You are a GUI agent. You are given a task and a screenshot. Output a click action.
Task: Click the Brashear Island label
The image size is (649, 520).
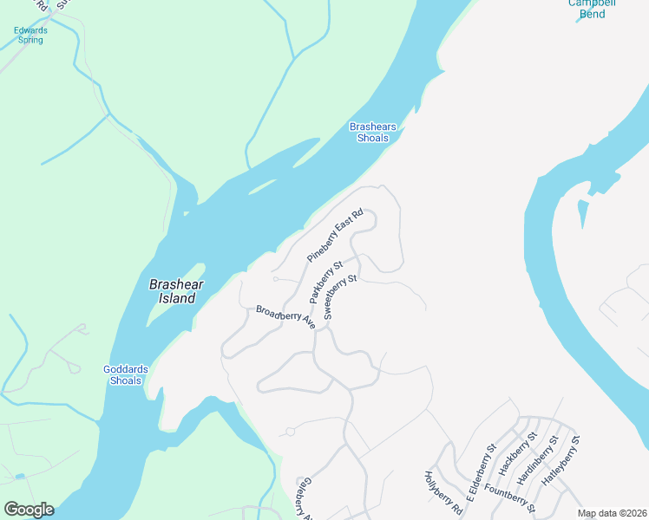[172, 290]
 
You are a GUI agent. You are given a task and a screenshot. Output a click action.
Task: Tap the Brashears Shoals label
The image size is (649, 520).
[373, 133]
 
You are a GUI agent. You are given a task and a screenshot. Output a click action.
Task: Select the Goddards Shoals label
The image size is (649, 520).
[126, 374]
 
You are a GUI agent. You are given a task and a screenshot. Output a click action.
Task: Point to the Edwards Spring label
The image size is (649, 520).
[30, 35]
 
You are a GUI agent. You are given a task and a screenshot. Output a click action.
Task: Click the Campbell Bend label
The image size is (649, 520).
[592, 8]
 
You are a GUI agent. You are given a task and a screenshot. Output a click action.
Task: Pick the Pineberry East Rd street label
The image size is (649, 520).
[334, 236]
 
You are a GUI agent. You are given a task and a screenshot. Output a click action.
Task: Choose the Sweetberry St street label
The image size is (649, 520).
[340, 297]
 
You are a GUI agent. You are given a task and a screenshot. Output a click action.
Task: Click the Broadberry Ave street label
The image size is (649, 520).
[285, 316]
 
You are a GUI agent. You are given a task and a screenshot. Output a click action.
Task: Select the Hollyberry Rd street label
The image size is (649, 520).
[442, 493]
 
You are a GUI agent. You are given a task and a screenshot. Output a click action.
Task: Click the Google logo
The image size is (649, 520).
[29, 510]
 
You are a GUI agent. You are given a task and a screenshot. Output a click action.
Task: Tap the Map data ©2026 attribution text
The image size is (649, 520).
[611, 513]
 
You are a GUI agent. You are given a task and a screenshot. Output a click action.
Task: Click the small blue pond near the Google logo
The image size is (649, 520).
[19, 476]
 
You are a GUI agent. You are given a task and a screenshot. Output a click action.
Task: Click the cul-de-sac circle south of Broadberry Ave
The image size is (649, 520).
[290, 431]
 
